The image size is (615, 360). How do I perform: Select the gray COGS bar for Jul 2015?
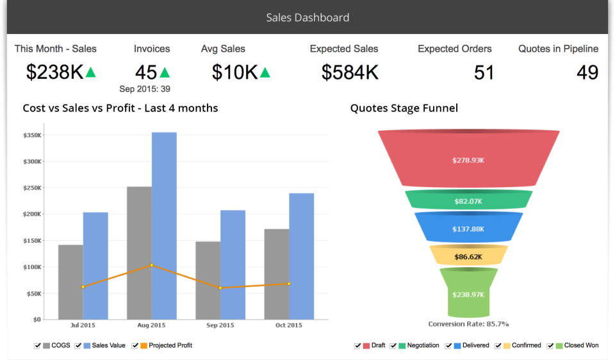point(70,282)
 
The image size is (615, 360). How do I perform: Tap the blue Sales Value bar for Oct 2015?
point(301,256)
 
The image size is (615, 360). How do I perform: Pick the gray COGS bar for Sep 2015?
point(208,280)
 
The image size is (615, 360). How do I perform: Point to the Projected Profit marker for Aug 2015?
point(152,265)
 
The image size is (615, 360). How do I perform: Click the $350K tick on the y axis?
point(32,135)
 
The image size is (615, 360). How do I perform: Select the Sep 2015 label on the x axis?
point(220,325)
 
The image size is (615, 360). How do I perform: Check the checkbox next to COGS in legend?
point(38,346)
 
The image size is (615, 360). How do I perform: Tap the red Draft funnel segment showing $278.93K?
point(468,159)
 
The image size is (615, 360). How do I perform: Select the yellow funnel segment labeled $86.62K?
point(468,256)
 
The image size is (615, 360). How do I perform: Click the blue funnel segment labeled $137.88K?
point(468,228)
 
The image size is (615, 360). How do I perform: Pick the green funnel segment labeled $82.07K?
point(468,200)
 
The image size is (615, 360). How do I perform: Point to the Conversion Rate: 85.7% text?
point(468,324)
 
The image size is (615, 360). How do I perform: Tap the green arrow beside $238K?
point(91,72)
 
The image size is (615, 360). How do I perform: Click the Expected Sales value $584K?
point(350,72)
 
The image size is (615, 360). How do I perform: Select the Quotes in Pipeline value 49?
point(587,72)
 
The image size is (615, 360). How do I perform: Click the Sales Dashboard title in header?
point(307,17)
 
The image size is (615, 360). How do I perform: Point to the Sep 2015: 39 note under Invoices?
point(145,89)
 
